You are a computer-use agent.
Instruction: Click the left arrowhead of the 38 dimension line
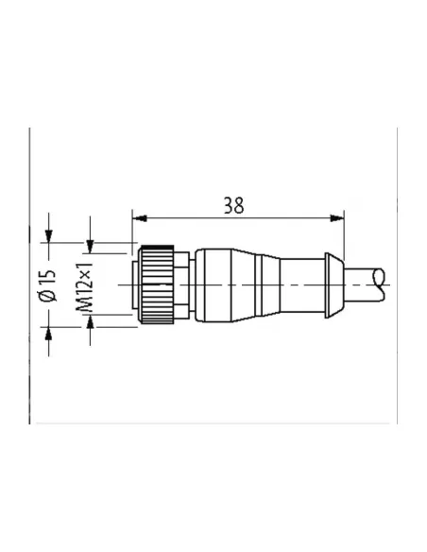(x=138, y=218)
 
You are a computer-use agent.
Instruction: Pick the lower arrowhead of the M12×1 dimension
(x=91, y=323)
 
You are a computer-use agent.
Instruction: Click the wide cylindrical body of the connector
(x=227, y=283)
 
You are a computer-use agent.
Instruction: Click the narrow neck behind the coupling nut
(x=189, y=283)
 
